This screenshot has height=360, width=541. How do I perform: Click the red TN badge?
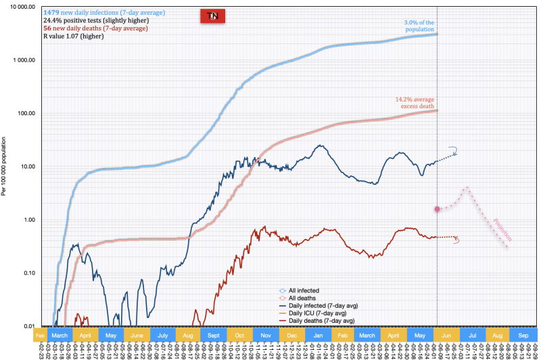tap(212, 16)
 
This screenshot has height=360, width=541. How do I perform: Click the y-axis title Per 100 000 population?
tap(5, 166)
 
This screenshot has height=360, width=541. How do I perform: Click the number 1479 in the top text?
tap(51, 13)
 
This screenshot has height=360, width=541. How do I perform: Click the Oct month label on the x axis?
tap(240, 335)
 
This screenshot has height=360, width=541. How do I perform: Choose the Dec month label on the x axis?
tap(292, 335)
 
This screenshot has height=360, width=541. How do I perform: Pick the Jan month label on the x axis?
tap(318, 335)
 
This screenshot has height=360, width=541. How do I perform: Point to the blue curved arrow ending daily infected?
tap(453, 152)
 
